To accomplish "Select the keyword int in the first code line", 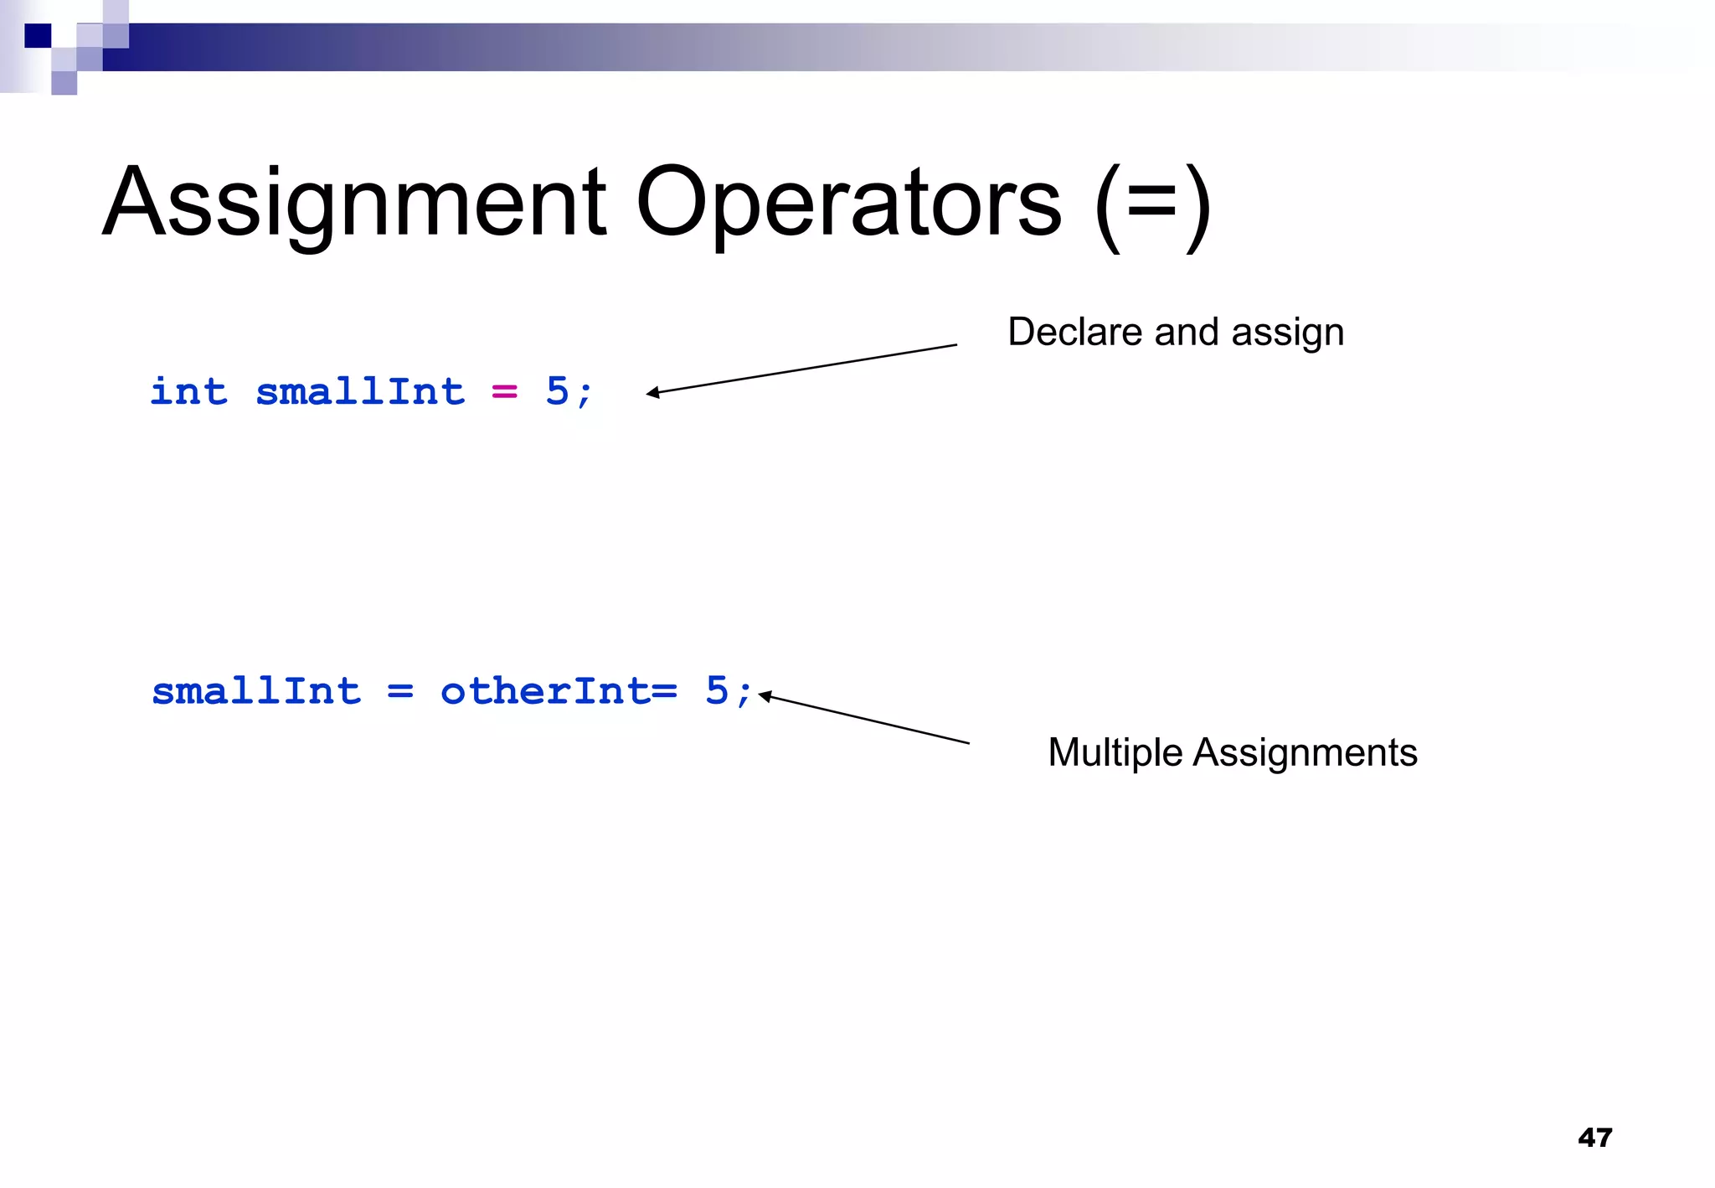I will [188, 391].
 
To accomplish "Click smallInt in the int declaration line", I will [360, 391].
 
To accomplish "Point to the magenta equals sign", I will [504, 391].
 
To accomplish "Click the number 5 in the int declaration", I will [557, 391].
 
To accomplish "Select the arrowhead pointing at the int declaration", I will [651, 392].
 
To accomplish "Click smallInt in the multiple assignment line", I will [256, 691].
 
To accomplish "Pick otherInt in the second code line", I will [545, 691].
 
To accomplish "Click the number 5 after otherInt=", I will [717, 691].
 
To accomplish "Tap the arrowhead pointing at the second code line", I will [764, 695].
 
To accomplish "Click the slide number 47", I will [1594, 1137].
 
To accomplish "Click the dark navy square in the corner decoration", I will [38, 36].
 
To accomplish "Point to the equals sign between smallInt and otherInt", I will [400, 692].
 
